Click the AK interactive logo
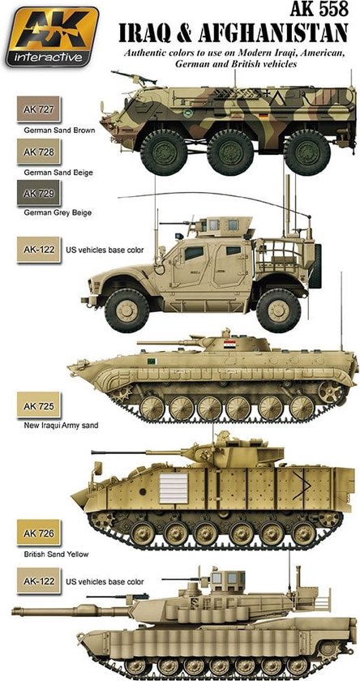[x=52, y=36]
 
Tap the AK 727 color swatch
[x=39, y=109]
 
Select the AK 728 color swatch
[x=39, y=152]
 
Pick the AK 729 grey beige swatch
[x=39, y=193]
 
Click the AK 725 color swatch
[x=39, y=406]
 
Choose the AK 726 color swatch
[x=39, y=533]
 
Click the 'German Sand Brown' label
[x=59, y=130]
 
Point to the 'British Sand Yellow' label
[x=57, y=555]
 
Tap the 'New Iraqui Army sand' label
[x=62, y=426]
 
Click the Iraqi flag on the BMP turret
[x=229, y=345]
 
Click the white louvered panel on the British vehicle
[x=174, y=488]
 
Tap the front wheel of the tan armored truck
[x=127, y=310]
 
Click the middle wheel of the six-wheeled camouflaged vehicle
[x=230, y=152]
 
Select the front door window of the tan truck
[x=194, y=253]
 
